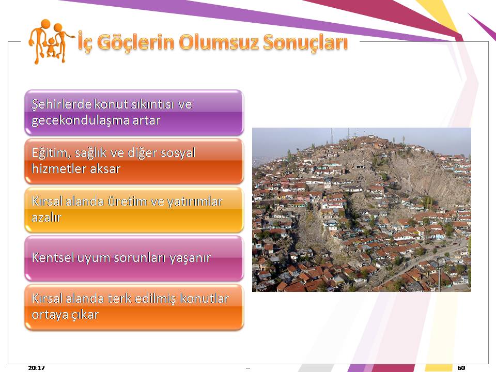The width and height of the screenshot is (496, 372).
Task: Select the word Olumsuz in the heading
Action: coord(218,42)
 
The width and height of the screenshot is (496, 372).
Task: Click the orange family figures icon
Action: coord(51,41)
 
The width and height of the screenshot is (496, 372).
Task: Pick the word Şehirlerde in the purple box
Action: coord(61,104)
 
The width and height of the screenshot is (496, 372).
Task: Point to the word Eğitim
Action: coord(51,153)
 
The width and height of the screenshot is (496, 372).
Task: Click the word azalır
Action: coord(47,218)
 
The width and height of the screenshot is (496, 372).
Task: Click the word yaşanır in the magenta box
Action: coord(190,258)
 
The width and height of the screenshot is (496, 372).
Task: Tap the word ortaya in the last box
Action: coord(48,315)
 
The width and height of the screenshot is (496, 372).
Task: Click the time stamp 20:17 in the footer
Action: coord(36,367)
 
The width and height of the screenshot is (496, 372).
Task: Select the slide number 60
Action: coord(461,367)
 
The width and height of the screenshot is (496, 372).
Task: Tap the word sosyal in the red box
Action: coord(178,153)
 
